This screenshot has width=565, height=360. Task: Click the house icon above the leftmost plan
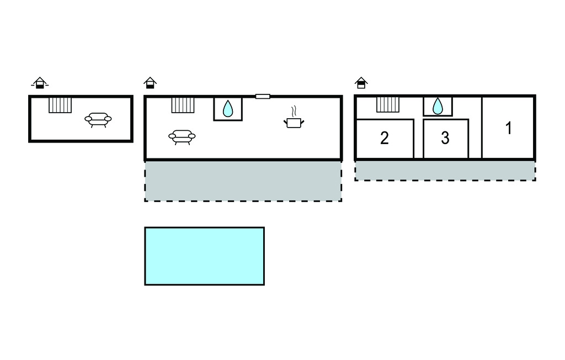click(x=39, y=83)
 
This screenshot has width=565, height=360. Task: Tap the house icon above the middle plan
click(x=150, y=83)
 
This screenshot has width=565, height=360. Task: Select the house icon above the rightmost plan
click(x=361, y=83)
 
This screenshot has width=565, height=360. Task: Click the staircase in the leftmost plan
click(x=60, y=104)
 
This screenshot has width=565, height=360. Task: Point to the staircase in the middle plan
click(x=183, y=104)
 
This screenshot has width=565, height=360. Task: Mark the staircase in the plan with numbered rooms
click(x=388, y=104)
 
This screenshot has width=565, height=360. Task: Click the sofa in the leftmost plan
click(x=98, y=119)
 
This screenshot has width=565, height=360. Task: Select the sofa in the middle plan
click(x=182, y=136)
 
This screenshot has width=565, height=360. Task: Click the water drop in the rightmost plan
click(x=438, y=105)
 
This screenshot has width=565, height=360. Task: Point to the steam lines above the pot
click(x=294, y=109)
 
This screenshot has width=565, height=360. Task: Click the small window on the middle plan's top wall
click(x=263, y=97)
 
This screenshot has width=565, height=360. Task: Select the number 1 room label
click(x=508, y=128)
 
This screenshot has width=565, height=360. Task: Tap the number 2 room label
click(x=385, y=138)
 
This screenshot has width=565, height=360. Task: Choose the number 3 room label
click(x=445, y=138)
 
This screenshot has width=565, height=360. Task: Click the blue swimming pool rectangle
click(x=204, y=256)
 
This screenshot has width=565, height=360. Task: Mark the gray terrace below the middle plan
click(x=243, y=181)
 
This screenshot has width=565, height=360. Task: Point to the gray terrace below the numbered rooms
click(x=445, y=171)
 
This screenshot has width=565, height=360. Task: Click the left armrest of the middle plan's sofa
click(x=172, y=135)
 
